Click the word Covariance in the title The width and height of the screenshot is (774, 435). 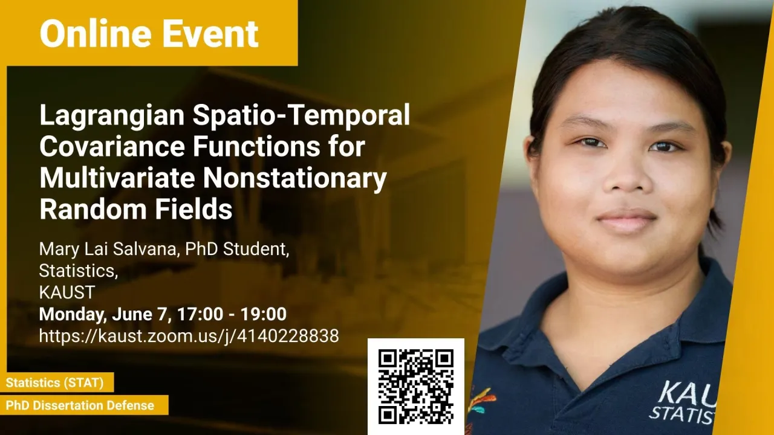point(112,146)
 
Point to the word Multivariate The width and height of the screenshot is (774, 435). point(117,178)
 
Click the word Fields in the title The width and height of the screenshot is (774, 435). point(193,208)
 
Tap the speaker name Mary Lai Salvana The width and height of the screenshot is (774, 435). point(108,250)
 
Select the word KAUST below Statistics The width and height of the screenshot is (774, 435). point(67,292)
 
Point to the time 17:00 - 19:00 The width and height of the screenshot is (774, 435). point(232,314)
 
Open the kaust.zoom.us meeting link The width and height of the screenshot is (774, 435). point(189,336)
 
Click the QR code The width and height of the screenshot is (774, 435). point(415,386)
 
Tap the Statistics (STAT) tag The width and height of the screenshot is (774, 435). point(54,382)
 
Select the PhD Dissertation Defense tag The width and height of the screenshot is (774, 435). point(80,405)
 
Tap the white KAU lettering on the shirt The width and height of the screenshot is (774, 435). point(687,393)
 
